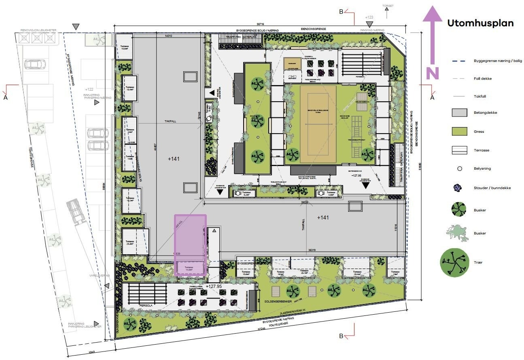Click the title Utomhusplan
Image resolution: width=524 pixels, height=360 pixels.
click(480, 23)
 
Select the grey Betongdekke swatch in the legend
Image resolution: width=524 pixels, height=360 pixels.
click(460, 113)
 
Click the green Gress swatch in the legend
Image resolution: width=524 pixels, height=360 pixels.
click(460, 132)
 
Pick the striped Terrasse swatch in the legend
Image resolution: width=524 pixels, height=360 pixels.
click(460, 150)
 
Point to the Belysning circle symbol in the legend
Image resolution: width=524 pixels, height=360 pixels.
click(460, 168)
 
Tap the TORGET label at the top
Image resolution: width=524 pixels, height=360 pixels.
click(388, 6)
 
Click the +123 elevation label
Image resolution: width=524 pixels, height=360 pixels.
click(369, 17)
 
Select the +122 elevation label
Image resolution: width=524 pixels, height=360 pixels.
click(89, 89)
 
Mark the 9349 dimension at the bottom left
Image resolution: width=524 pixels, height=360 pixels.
click(93, 352)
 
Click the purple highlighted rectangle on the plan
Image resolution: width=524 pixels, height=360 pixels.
click(190, 245)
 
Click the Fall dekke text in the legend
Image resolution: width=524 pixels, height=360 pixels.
click(483, 79)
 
